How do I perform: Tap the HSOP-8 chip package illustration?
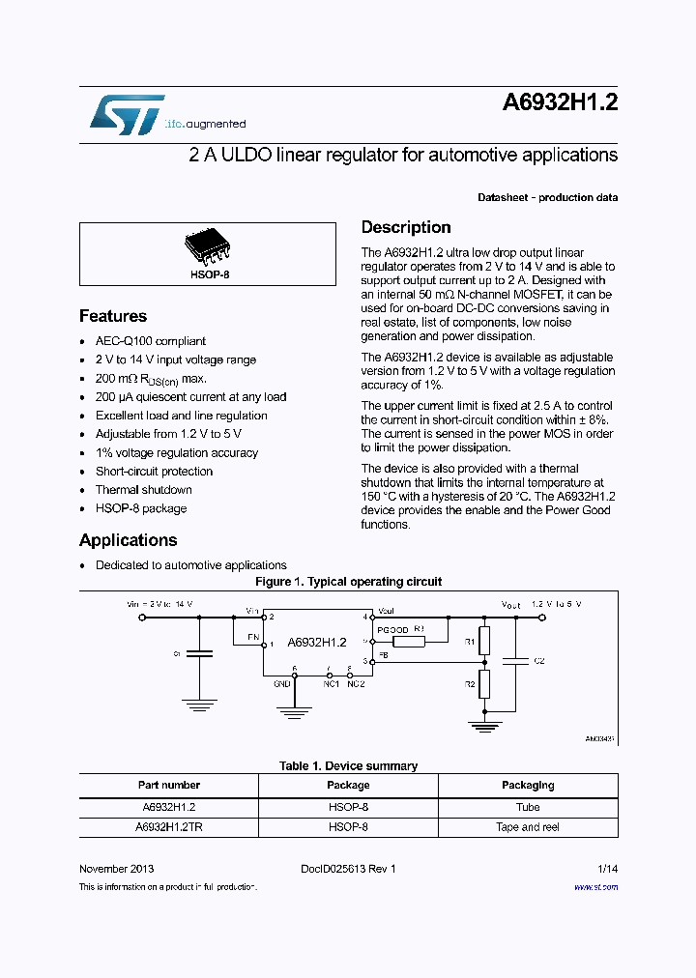click(207, 246)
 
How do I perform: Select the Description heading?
click(406, 228)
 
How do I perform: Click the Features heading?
click(113, 316)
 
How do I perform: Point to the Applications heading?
click(128, 540)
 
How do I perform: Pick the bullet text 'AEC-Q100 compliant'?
click(150, 341)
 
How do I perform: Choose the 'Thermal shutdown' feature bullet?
click(143, 490)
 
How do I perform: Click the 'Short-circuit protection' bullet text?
click(154, 472)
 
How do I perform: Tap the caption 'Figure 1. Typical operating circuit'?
click(348, 582)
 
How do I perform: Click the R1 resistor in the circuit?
click(485, 640)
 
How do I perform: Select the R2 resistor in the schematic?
click(485, 684)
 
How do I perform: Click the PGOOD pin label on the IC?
click(392, 629)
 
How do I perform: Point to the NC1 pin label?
click(331, 683)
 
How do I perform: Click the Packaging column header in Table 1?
click(528, 786)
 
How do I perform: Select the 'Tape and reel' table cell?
click(528, 827)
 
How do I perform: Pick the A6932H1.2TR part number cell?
click(169, 827)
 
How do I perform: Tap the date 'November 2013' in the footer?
click(116, 869)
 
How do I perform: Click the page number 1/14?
click(607, 869)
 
